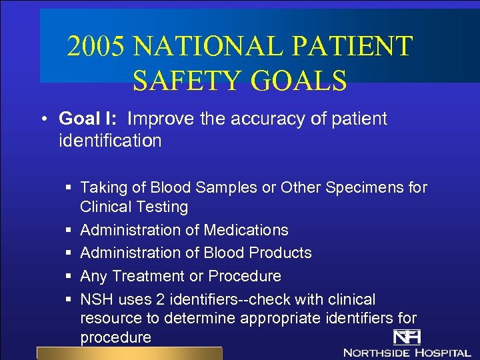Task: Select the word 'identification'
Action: click(x=110, y=141)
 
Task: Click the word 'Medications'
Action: click(x=247, y=230)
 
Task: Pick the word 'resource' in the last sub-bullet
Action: click(x=110, y=319)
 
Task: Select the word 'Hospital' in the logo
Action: click(x=443, y=352)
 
